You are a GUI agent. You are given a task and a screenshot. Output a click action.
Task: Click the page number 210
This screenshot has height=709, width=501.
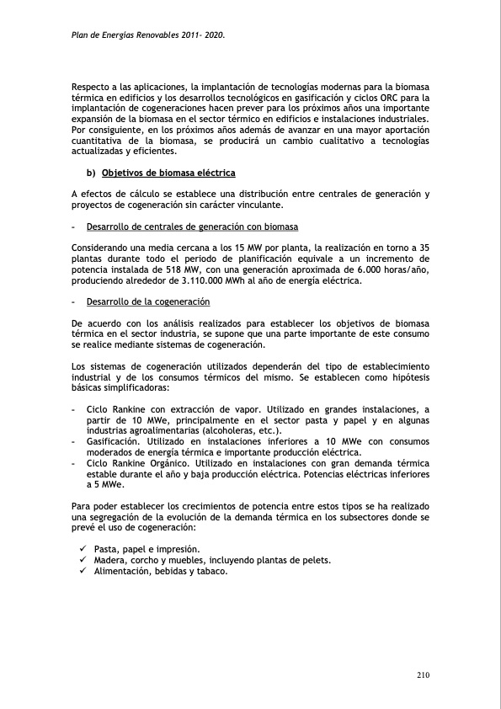[423, 674]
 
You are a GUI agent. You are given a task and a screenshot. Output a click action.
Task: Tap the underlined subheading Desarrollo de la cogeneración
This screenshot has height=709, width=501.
[148, 301]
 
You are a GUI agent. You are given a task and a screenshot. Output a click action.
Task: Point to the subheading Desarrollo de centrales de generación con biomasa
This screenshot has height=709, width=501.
[192, 227]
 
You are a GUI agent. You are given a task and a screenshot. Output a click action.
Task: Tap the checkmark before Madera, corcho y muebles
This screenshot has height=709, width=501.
[83, 560]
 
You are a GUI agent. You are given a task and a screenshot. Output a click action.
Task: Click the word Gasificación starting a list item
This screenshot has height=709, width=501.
[114, 441]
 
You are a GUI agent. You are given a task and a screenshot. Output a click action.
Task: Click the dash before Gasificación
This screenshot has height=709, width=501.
[74, 441]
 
